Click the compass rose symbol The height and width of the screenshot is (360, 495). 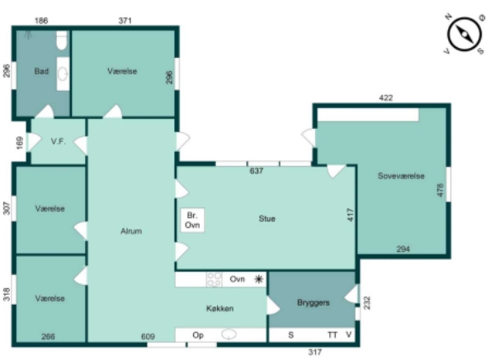click(x=464, y=34)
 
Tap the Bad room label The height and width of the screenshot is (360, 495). click(x=41, y=71)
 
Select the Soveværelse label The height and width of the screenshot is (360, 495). click(x=401, y=176)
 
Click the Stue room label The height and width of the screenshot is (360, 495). click(x=266, y=219)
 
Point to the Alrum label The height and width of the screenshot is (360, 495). click(x=131, y=231)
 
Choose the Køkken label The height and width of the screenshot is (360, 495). click(x=219, y=308)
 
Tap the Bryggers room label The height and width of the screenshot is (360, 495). click(x=313, y=303)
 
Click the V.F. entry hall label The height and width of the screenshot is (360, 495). click(x=59, y=141)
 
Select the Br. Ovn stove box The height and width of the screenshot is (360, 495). click(x=192, y=220)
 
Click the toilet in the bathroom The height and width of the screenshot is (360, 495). click(x=62, y=40)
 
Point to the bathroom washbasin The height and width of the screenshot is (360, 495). click(x=63, y=74)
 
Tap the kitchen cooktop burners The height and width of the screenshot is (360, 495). click(x=214, y=280)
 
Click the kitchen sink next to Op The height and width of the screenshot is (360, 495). click(x=229, y=334)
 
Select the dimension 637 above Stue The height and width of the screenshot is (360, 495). click(x=256, y=171)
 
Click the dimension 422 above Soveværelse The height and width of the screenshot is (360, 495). click(x=386, y=98)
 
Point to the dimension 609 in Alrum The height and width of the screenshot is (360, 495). click(x=148, y=337)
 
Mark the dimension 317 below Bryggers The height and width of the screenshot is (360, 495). click(x=315, y=352)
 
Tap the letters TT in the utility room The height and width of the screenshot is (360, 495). click(x=332, y=334)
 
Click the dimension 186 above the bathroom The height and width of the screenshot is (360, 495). click(x=41, y=21)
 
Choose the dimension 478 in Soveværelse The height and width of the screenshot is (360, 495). click(x=441, y=190)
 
